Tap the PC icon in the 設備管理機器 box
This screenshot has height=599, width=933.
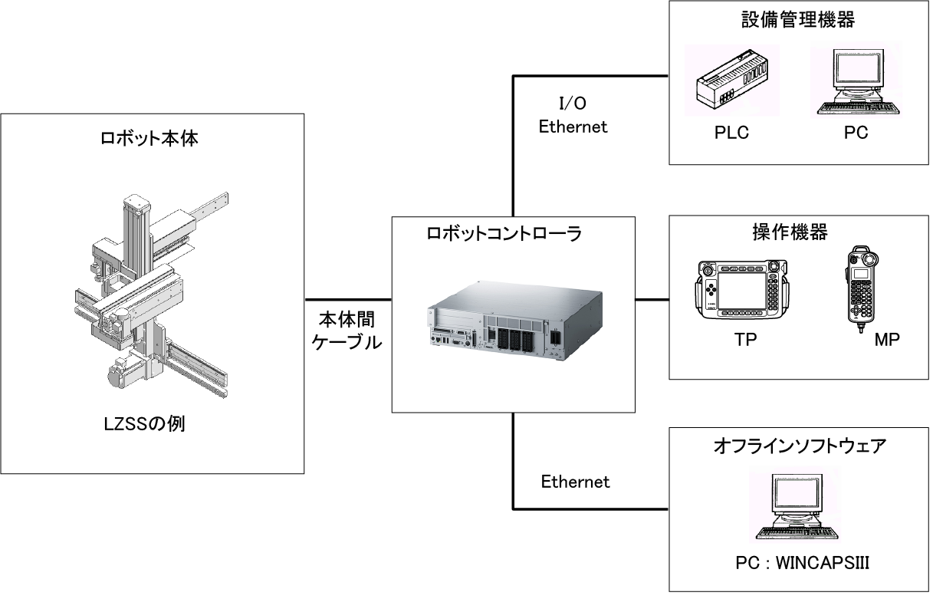[856, 83]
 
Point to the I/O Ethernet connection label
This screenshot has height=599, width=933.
[573, 116]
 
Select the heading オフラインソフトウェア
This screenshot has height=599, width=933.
[797, 445]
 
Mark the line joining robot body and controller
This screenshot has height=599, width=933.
[349, 298]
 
